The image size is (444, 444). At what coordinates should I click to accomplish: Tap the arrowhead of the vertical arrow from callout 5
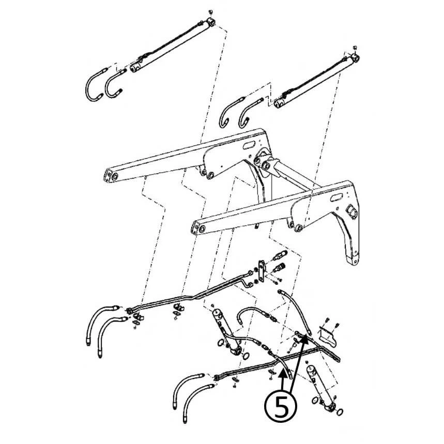point(283,375)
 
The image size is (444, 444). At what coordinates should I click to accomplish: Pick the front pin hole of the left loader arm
point(115,177)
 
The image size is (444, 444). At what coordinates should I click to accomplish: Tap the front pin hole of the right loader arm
point(202,228)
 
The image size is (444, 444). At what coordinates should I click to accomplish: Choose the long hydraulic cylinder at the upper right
point(316,81)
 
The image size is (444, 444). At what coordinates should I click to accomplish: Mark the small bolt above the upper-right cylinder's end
point(355,47)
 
